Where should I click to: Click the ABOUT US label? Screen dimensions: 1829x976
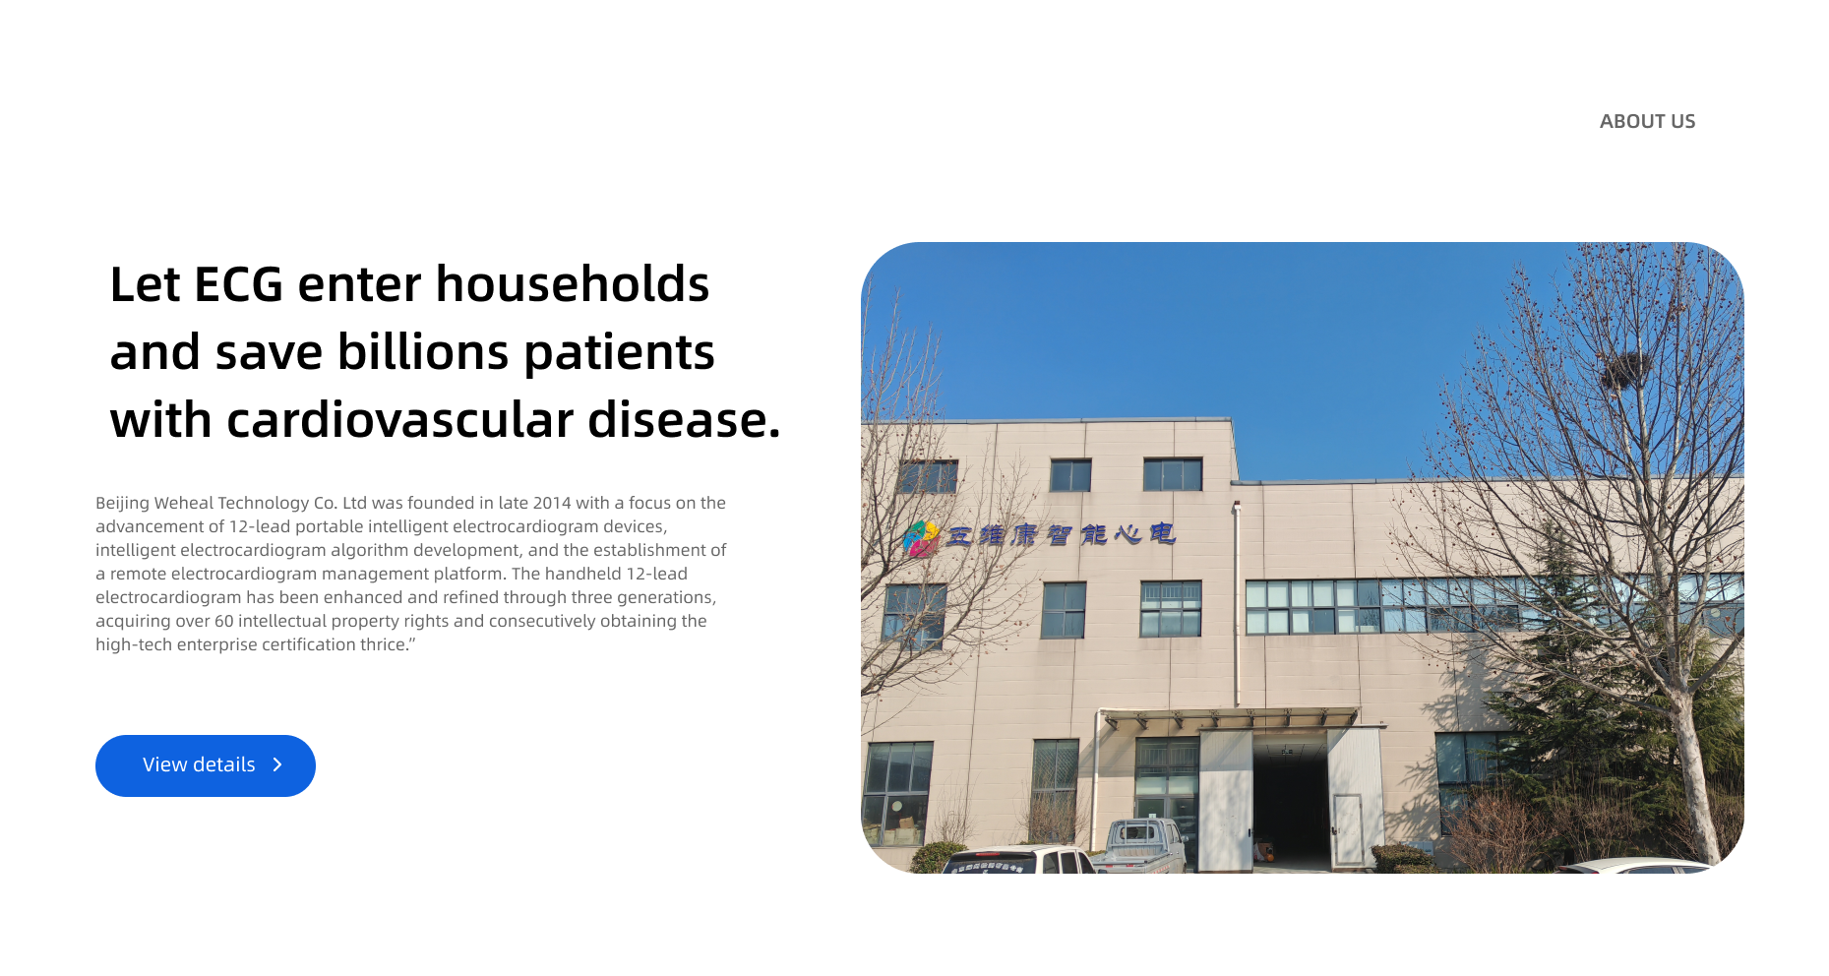[x=1647, y=121]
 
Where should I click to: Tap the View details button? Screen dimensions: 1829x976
[x=206, y=765]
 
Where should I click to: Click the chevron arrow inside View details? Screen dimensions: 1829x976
[x=277, y=764]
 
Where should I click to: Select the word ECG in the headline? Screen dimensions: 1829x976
[x=239, y=284]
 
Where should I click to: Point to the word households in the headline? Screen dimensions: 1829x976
[x=573, y=284]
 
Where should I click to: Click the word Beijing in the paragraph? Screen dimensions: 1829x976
[x=122, y=504]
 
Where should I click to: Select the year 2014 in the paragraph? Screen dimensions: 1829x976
[x=552, y=503]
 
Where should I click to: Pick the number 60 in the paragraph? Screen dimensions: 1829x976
[x=223, y=621]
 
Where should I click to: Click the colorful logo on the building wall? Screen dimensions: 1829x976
[x=921, y=538]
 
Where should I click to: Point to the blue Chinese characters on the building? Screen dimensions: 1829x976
[x=1061, y=534]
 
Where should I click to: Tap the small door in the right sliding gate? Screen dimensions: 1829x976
[x=1347, y=829]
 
